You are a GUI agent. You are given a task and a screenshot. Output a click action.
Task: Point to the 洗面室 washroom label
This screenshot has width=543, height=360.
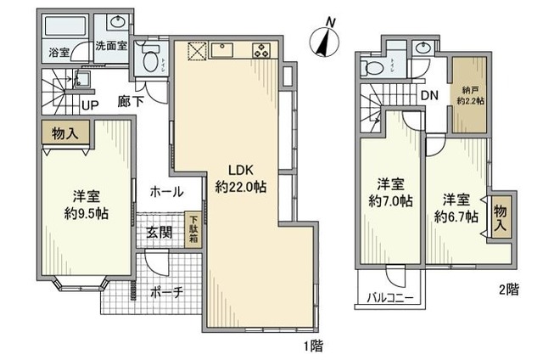pyautogui.click(x=110, y=47)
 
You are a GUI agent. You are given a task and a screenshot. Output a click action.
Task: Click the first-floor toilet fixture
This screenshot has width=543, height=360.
pyautogui.click(x=151, y=59)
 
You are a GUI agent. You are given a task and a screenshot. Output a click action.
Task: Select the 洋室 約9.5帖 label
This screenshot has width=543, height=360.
pyautogui.click(x=83, y=203)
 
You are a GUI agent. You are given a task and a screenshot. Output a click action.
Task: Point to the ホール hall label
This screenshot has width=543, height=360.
pyautogui.click(x=166, y=193)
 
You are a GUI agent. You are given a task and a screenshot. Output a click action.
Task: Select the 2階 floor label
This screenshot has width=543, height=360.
pyautogui.click(x=508, y=290)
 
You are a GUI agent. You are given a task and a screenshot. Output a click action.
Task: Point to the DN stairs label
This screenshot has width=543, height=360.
pyautogui.click(x=430, y=95)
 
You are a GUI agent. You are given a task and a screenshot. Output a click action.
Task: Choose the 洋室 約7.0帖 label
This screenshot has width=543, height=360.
pyautogui.click(x=390, y=192)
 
